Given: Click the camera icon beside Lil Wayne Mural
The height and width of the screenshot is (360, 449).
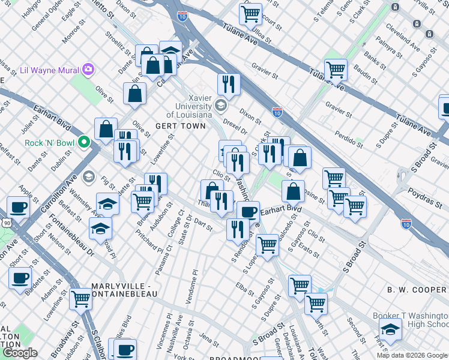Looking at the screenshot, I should (89, 70).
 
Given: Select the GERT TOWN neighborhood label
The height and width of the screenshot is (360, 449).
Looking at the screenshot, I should (173, 126).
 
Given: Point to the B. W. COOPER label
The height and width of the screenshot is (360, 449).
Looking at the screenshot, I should (416, 290).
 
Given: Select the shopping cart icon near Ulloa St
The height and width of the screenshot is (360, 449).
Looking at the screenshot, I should (250, 13).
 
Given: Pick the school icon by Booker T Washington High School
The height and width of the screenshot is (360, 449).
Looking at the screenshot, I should (390, 329).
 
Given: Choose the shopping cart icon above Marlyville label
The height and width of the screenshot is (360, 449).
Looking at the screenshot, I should (80, 299).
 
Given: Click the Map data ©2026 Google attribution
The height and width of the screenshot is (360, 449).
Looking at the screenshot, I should (412, 355).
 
